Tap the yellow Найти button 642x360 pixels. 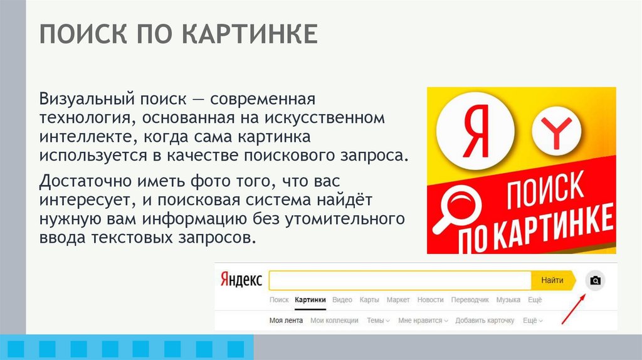tap(552, 280)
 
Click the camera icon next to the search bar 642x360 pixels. tap(596, 280)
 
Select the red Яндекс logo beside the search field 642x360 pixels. tap(241, 280)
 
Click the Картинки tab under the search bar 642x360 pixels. tap(310, 300)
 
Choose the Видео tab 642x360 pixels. tap(342, 300)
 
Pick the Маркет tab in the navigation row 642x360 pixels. tap(398, 300)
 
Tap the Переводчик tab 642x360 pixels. tap(470, 300)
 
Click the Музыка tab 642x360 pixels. tap(508, 300)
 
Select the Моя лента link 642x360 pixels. tap(286, 320)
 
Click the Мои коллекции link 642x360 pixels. tap(334, 320)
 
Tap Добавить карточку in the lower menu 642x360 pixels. tap(485, 320)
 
